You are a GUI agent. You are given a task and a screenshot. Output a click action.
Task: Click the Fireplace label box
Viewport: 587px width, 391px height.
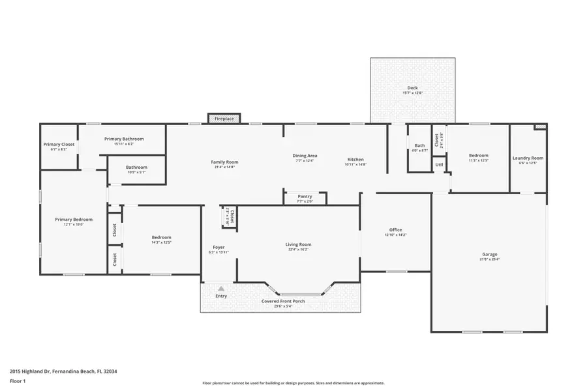pos(224,119)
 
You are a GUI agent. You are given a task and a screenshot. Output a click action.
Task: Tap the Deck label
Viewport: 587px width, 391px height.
pos(412,88)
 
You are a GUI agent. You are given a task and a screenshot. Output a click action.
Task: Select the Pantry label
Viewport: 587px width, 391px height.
pos(305,196)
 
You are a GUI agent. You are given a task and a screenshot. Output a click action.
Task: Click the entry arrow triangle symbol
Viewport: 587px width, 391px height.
pos(221,287)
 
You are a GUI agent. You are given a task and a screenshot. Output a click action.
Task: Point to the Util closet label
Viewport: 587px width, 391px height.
pos(440,166)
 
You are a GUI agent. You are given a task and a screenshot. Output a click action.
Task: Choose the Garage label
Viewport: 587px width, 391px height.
pos(489,254)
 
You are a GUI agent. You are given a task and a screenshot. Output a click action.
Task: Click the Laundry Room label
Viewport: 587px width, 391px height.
pos(528,158)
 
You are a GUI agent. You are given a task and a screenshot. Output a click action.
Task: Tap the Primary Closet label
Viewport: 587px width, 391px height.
pos(59,144)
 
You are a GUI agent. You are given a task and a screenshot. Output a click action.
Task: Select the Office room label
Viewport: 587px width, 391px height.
pos(395,230)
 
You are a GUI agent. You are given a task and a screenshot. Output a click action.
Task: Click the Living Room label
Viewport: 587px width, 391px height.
pos(297,244)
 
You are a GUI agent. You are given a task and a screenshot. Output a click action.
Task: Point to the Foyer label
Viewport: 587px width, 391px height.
pos(218,247)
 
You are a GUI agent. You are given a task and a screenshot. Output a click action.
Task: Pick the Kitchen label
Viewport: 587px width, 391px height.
pos(355,159)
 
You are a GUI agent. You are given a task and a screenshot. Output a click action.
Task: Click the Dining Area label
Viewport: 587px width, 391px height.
pos(305,155)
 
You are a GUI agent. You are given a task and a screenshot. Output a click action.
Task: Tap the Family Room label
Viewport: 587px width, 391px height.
pos(224,162)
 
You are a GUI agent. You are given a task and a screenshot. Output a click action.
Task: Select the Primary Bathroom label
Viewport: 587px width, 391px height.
pos(124,139)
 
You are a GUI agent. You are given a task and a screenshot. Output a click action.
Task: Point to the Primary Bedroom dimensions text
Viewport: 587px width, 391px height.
pos(74,224)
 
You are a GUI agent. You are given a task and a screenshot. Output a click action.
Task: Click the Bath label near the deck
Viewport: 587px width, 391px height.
pos(419,145)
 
